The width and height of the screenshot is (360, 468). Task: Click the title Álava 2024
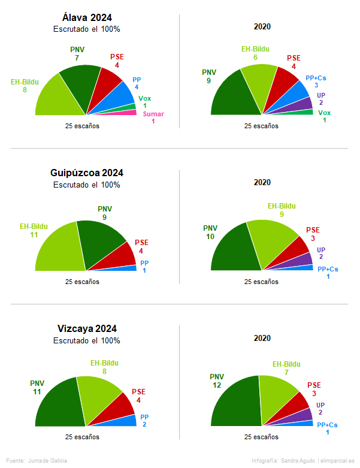tap(87, 17)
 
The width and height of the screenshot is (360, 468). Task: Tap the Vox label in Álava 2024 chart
tap(145, 98)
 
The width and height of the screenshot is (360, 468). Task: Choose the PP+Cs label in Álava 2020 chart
tap(316, 77)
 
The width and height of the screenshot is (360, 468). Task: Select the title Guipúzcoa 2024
tap(87, 173)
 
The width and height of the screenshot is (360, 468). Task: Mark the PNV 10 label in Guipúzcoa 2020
tap(210, 232)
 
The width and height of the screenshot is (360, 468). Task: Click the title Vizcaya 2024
tap(87, 328)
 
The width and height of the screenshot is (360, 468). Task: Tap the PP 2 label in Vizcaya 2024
tap(144, 421)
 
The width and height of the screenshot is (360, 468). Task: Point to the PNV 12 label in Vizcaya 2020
tap(217, 381)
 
